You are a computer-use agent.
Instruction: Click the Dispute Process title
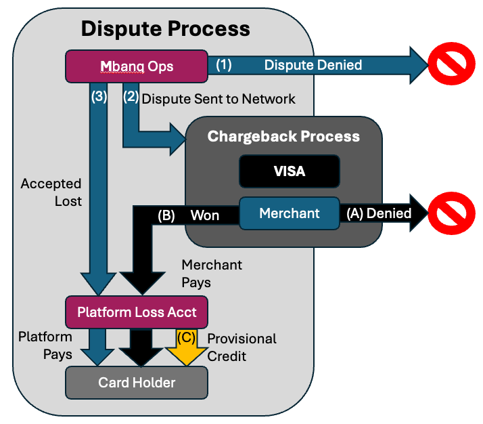point(165,29)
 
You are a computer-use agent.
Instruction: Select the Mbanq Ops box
point(136,66)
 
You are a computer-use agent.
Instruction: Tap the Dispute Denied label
point(313,66)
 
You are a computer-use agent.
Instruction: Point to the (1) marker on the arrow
point(224,66)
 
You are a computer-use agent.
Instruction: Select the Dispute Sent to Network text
point(218,99)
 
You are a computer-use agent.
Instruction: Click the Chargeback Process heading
point(283,136)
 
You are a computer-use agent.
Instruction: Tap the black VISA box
point(289,171)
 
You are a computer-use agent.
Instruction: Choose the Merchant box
point(290,213)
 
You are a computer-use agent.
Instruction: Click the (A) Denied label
point(378,213)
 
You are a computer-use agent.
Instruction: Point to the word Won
point(204,215)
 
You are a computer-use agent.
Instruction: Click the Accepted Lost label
point(51,192)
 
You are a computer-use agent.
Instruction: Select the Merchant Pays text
point(212,274)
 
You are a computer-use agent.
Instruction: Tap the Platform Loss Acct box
point(137,312)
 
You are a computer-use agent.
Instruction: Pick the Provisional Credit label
point(241,347)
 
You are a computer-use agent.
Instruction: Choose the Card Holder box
point(137,383)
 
